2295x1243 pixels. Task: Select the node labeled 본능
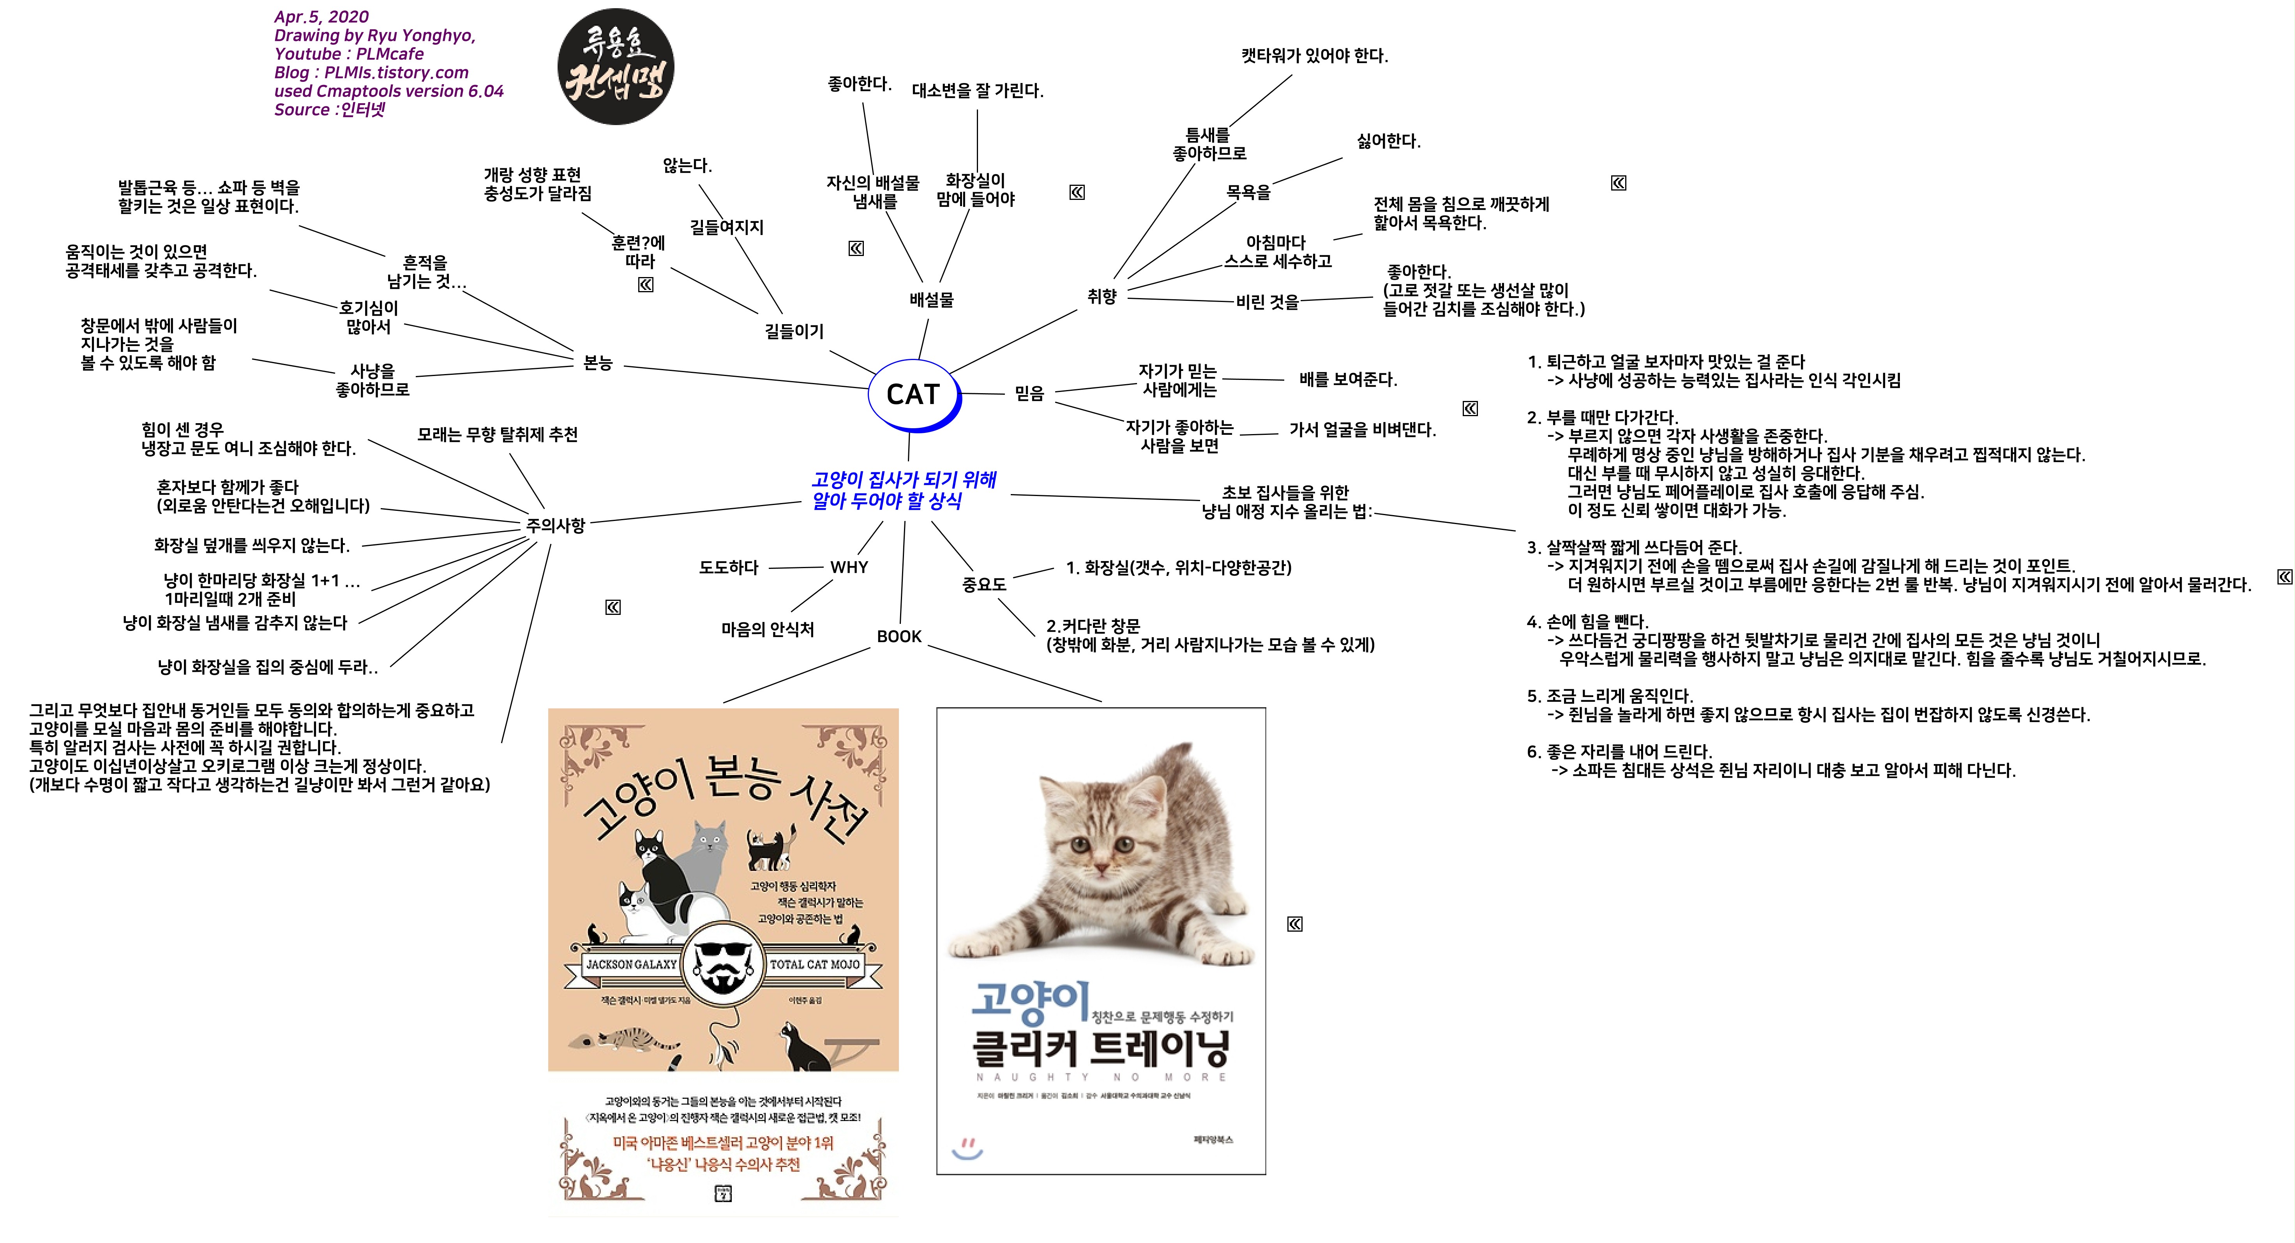[598, 363]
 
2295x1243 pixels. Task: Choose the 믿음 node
[1029, 393]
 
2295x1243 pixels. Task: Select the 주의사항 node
[555, 525]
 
